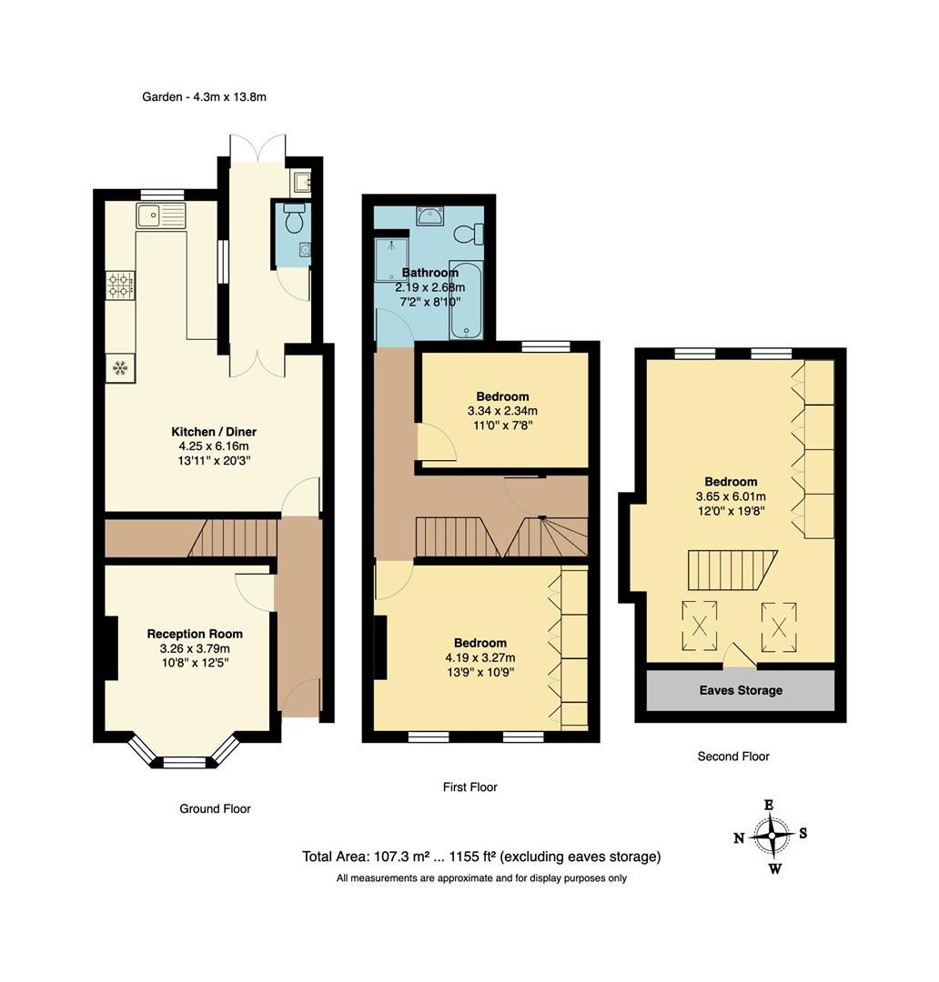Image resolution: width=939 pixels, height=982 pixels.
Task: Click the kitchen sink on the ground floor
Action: pyautogui.click(x=161, y=215)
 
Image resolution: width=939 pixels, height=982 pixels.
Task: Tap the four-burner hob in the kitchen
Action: pyautogui.click(x=120, y=285)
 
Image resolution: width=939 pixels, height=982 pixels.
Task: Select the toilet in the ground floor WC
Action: pyautogui.click(x=294, y=219)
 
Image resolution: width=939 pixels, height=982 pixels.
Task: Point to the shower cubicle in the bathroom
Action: pyautogui.click(x=391, y=260)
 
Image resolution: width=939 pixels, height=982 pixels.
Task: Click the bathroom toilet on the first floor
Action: pyautogui.click(x=469, y=235)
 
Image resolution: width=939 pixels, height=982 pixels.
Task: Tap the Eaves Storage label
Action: pyautogui.click(x=740, y=690)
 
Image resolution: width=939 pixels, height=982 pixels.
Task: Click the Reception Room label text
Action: pyautogui.click(x=195, y=634)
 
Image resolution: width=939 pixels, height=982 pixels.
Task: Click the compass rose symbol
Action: pyautogui.click(x=772, y=834)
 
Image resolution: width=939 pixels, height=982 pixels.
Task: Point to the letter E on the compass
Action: pyautogui.click(x=769, y=805)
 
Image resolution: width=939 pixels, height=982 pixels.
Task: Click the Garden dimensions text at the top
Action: pyautogui.click(x=204, y=97)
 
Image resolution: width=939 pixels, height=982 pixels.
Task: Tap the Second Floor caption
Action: pyautogui.click(x=732, y=757)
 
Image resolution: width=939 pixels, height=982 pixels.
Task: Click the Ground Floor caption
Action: pyautogui.click(x=215, y=808)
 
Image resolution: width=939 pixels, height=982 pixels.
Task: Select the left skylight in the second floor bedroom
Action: pyautogui.click(x=700, y=626)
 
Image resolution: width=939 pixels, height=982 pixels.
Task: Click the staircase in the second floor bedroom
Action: pyautogui.click(x=730, y=571)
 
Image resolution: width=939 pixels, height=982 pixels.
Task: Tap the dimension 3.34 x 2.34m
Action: pyautogui.click(x=502, y=411)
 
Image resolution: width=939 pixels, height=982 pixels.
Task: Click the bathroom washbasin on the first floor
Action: pyautogui.click(x=430, y=216)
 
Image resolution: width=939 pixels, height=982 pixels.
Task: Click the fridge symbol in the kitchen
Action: pyautogui.click(x=119, y=367)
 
